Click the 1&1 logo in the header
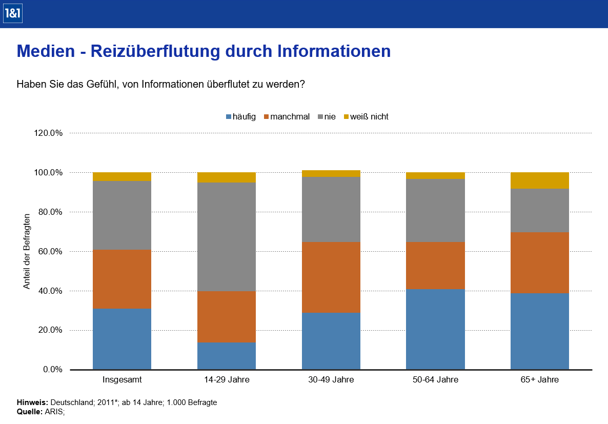pyautogui.click(x=12, y=14)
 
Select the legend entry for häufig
pyautogui.click(x=240, y=117)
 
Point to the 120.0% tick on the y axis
pyautogui.click(x=49, y=133)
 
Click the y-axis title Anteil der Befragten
pyautogui.click(x=27, y=251)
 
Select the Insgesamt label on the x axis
pyautogui.click(x=122, y=380)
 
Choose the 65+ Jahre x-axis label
pyautogui.click(x=539, y=380)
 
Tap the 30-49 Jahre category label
pyautogui.click(x=331, y=380)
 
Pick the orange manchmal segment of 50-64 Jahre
pyautogui.click(x=435, y=265)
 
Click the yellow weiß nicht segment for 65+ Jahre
pyautogui.click(x=539, y=180)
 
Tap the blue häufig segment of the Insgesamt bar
pyautogui.click(x=122, y=339)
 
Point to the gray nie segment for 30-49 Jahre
pyautogui.click(x=331, y=209)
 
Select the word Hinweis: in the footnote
pyautogui.click(x=33, y=402)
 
